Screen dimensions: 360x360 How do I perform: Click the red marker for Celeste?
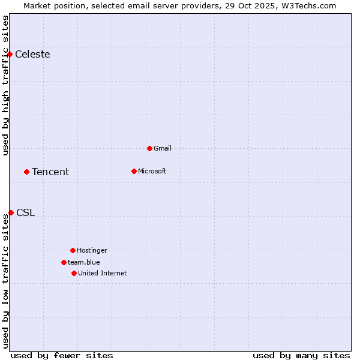[10, 55]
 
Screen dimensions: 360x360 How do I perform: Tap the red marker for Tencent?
[26, 172]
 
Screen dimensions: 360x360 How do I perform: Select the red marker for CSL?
[11, 213]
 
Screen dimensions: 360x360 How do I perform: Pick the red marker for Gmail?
[149, 148]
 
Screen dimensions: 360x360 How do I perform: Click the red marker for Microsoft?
[134, 172]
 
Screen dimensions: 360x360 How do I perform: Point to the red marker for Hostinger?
[73, 250]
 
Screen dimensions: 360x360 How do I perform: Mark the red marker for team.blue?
[64, 262]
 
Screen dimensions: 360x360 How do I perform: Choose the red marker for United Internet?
[74, 274]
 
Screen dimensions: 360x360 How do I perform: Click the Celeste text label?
[32, 55]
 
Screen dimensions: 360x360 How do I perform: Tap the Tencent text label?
[50, 172]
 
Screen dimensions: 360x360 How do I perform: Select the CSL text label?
[25, 213]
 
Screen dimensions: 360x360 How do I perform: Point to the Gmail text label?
[163, 148]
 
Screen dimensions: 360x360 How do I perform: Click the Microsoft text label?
[152, 172]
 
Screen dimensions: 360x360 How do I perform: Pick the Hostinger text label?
[92, 250]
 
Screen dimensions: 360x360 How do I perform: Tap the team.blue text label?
[84, 262]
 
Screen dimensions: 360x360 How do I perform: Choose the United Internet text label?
[103, 274]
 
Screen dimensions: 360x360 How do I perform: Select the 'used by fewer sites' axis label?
[62, 355]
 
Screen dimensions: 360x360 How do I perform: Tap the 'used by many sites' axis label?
[301, 355]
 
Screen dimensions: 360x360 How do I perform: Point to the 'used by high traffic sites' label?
[5, 85]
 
